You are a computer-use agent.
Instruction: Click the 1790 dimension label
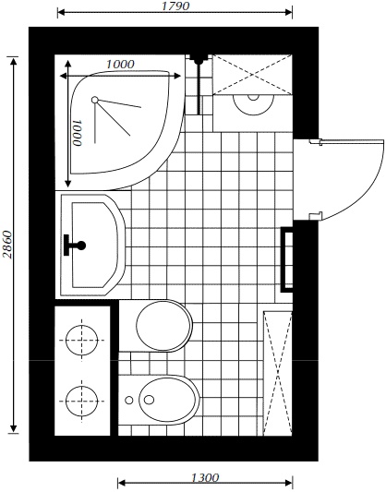point(175,6)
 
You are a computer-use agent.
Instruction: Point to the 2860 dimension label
point(6,245)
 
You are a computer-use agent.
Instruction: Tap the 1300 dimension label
point(205,477)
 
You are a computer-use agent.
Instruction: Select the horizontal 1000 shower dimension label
point(120,65)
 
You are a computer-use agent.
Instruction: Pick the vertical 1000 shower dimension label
point(77,133)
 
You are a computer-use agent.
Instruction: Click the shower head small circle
point(95,100)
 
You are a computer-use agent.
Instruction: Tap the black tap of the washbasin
point(74,245)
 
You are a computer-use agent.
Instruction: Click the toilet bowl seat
point(164,326)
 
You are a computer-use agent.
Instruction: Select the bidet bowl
point(169,400)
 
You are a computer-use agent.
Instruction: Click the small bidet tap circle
point(128,400)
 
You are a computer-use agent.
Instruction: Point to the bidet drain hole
point(149,400)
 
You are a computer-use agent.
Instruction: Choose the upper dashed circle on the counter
point(82,340)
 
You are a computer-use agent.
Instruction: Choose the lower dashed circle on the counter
point(82,401)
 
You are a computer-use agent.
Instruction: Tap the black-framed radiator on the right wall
point(287,259)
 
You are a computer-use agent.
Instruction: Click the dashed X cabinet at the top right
point(252,75)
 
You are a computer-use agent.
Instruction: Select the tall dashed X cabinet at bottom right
point(277,374)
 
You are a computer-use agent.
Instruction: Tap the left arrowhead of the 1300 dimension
point(121,482)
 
